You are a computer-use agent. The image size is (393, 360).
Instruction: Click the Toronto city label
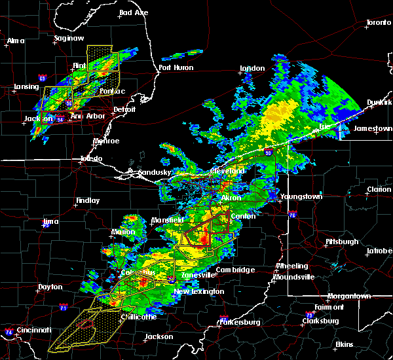(x=378, y=22)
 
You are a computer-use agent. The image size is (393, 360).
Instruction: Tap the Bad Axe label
(x=134, y=12)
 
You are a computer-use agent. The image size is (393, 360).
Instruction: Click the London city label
(x=252, y=68)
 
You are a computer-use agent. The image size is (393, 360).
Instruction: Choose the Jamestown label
(x=371, y=128)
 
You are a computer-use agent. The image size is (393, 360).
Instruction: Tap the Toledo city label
(x=91, y=158)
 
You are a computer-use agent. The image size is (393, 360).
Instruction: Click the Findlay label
(x=88, y=200)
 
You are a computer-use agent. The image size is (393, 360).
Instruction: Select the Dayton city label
(x=50, y=287)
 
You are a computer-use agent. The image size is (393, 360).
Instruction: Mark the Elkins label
(x=343, y=344)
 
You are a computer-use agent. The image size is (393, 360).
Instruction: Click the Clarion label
(x=379, y=189)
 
